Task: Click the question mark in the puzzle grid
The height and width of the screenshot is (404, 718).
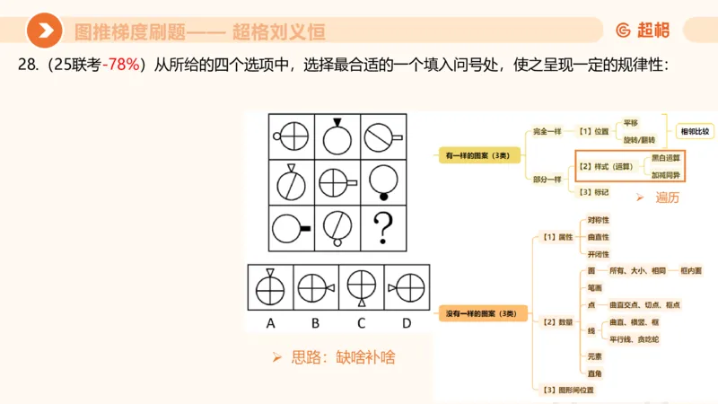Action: pos(384,229)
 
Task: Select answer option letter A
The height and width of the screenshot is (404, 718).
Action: pos(270,322)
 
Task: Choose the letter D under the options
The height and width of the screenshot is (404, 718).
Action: pos(407,322)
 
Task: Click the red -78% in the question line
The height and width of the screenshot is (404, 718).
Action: pos(121,66)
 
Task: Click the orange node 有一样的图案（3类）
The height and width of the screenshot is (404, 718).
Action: pos(477,155)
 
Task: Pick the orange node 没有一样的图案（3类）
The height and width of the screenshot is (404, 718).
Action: pos(481,313)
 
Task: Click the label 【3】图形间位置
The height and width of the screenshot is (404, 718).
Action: pos(568,389)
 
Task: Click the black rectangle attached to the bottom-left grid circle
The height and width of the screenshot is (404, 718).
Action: pos(305,230)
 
